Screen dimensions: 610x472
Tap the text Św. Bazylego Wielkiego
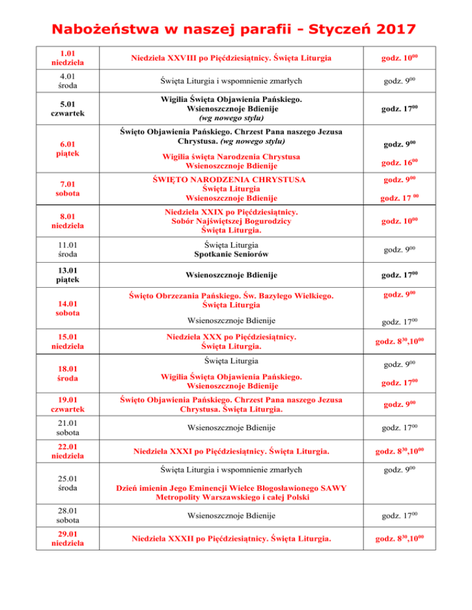pyautogui.click(x=288, y=297)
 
